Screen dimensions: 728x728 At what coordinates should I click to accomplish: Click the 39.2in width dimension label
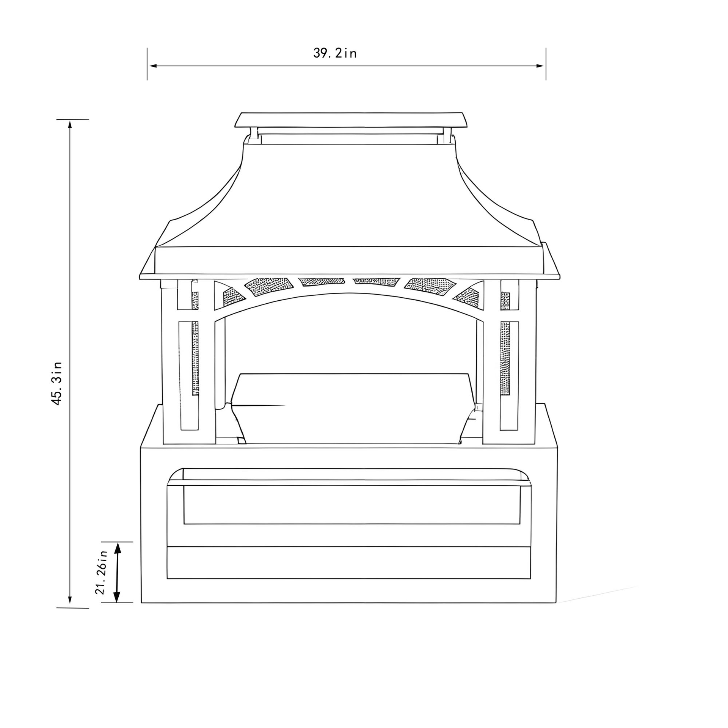click(335, 53)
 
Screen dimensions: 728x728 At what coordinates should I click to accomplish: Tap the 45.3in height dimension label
click(57, 383)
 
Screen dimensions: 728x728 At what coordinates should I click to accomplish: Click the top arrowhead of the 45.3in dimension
click(70, 124)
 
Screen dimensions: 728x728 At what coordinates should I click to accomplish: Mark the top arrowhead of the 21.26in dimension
click(118, 548)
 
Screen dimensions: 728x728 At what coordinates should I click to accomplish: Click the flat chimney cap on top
click(351, 120)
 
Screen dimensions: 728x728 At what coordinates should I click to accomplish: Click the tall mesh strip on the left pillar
click(195, 358)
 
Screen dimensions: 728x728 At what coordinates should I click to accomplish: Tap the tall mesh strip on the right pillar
click(505, 358)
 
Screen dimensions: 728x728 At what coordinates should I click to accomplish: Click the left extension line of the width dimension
click(147, 64)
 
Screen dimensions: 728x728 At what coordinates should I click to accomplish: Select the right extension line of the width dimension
click(546, 64)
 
